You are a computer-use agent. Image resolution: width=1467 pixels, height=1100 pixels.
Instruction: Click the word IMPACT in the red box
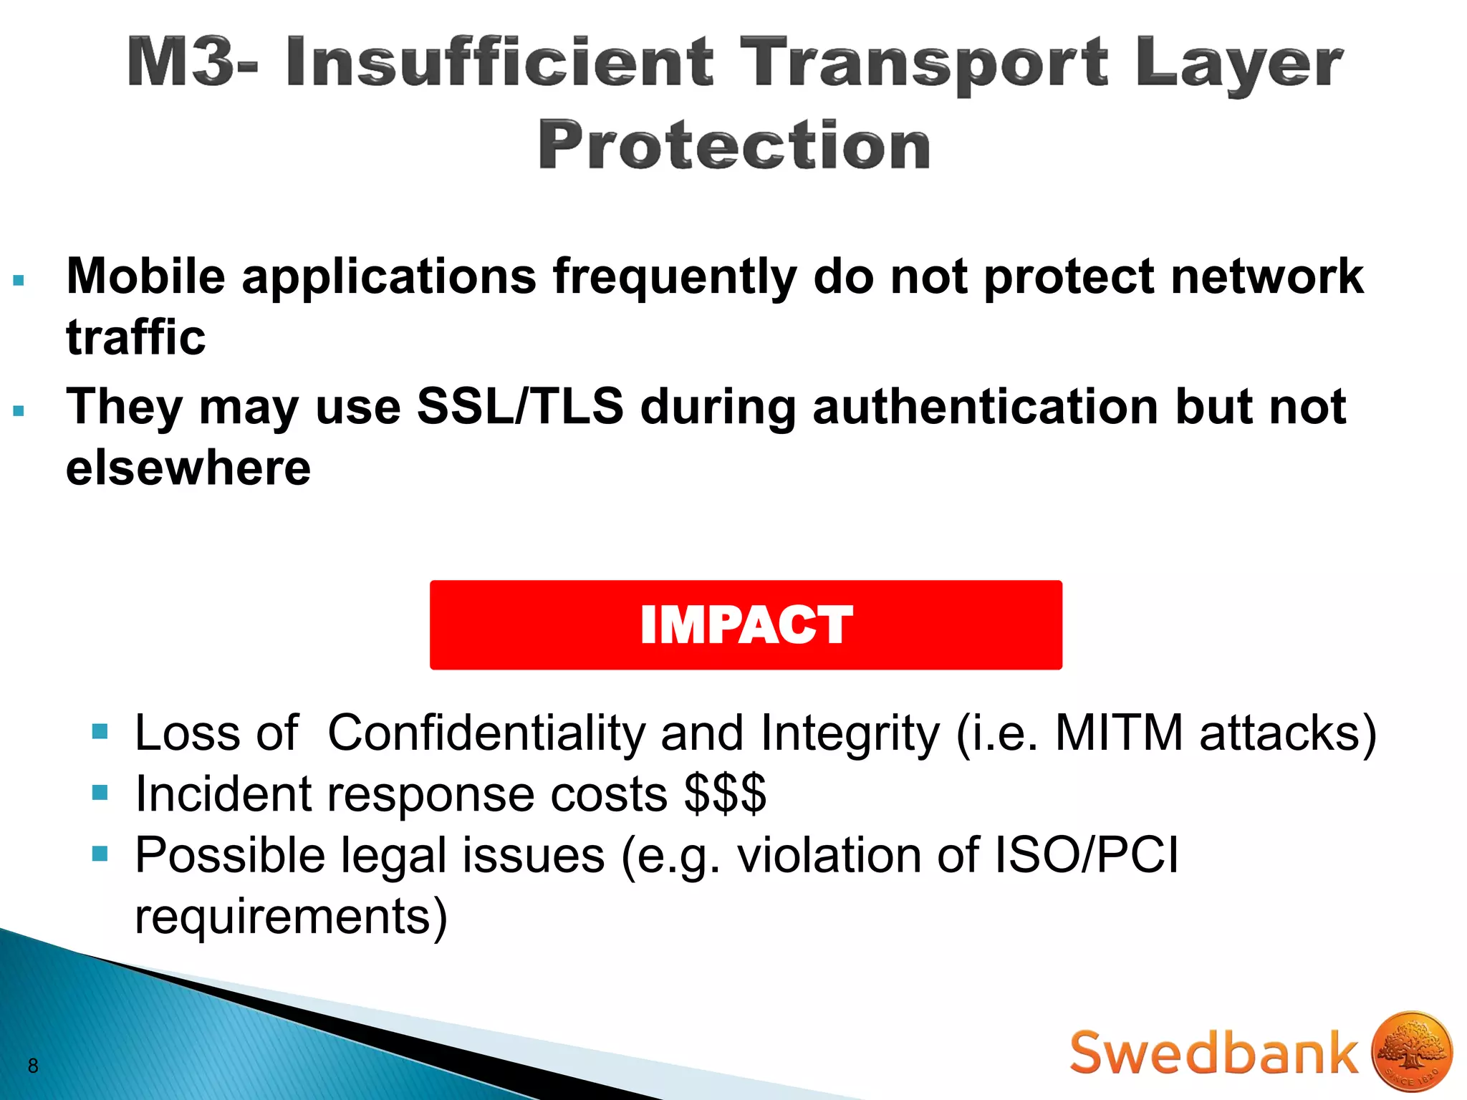click(746, 624)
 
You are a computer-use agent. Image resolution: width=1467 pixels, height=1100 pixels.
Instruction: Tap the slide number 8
click(33, 1066)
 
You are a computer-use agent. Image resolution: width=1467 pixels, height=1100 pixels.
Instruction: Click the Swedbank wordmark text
click(1213, 1053)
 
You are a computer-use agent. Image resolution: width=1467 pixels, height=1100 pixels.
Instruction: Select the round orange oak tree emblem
click(1412, 1051)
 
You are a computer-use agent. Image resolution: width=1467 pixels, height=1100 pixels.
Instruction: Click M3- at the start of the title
click(193, 63)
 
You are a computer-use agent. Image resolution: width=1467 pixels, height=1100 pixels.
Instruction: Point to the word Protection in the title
click(734, 145)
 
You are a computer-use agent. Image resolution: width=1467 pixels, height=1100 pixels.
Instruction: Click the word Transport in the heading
click(924, 63)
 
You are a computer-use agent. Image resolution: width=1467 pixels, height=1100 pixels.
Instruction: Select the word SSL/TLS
click(520, 406)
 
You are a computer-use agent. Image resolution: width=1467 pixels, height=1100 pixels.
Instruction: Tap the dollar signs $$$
click(725, 793)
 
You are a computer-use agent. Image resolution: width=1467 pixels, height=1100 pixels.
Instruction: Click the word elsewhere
click(188, 468)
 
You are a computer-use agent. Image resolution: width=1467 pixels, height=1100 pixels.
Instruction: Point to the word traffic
click(135, 337)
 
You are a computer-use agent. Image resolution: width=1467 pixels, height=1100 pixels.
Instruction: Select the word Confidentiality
click(486, 733)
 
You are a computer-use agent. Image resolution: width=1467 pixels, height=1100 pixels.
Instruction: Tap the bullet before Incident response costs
click(100, 793)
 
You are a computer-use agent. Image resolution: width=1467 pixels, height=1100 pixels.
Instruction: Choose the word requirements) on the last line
click(291, 916)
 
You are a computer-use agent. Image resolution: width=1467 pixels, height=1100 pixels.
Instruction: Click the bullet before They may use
click(19, 411)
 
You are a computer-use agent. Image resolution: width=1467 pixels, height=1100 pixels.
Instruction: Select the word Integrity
click(850, 733)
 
